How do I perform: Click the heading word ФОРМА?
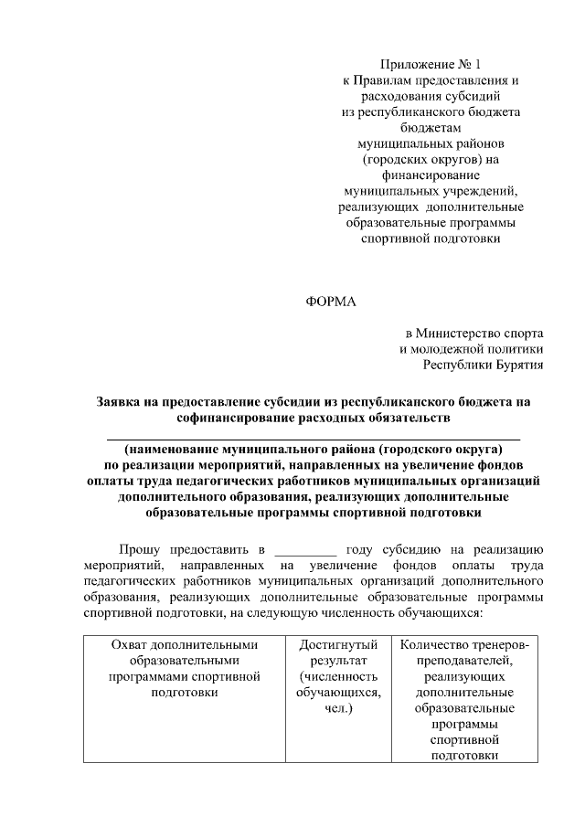click(330, 302)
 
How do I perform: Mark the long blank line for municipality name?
click(314, 440)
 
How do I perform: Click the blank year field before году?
click(305, 550)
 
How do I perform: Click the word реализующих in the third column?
click(463, 676)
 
